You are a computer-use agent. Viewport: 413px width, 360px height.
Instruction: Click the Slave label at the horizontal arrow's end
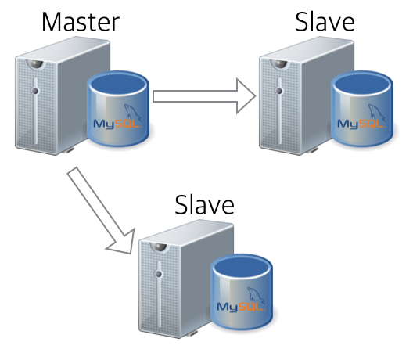(x=325, y=22)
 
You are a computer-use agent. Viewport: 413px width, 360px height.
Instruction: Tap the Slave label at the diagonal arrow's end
(x=204, y=206)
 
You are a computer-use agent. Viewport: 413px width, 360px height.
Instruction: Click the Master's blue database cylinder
(x=118, y=109)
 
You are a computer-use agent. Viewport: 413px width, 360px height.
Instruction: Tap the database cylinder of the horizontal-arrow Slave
(x=361, y=109)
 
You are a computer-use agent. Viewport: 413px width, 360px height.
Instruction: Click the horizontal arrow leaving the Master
(x=203, y=96)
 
